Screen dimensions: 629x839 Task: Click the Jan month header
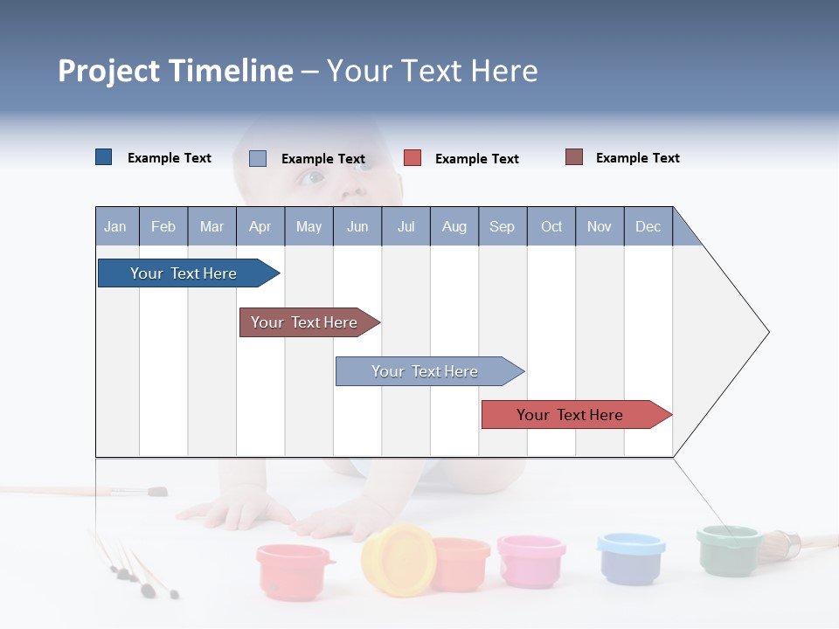115,226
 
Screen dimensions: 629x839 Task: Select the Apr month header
260,226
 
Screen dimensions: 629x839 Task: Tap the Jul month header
406,226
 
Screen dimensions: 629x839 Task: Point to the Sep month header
502,226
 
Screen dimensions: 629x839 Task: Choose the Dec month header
648,226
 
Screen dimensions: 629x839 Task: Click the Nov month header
599,226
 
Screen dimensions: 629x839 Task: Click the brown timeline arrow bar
306,322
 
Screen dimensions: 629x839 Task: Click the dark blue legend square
103,157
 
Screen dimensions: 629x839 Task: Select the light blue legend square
257,158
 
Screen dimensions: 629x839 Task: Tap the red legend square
412,158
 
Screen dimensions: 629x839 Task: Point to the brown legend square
573,157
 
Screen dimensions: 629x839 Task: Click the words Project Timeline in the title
175,71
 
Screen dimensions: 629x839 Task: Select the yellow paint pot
398,559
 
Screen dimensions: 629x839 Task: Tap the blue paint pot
630,556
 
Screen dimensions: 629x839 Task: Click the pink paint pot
530,558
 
